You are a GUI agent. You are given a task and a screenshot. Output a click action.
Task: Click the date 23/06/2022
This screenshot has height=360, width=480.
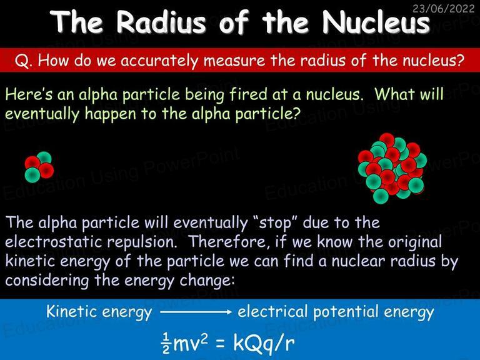(x=443, y=8)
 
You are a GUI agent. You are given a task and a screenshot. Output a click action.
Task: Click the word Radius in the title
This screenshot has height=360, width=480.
(x=161, y=22)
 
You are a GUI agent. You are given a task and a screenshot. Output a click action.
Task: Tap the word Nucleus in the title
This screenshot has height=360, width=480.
(x=376, y=22)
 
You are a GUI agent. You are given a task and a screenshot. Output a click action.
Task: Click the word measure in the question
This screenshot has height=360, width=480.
(x=234, y=60)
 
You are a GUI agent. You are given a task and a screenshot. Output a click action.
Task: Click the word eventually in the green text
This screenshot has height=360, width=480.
(x=42, y=114)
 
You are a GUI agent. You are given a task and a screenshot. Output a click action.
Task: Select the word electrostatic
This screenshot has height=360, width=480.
(x=54, y=241)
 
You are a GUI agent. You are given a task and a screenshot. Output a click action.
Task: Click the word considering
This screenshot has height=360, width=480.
(x=47, y=281)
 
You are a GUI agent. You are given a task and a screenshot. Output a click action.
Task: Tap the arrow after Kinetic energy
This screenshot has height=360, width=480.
(x=196, y=312)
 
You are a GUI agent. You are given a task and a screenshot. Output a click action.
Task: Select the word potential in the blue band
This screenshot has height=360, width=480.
(x=346, y=312)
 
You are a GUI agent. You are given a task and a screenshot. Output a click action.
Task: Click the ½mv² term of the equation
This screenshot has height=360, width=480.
(x=184, y=342)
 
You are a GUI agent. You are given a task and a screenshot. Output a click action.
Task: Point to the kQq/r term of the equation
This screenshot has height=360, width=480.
(x=264, y=343)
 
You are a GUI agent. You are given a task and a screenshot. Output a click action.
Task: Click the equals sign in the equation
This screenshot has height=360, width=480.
(x=221, y=344)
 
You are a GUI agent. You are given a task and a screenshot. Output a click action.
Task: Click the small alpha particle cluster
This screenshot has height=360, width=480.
(x=39, y=167)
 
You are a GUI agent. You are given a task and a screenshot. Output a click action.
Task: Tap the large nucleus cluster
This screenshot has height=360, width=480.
(x=392, y=168)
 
